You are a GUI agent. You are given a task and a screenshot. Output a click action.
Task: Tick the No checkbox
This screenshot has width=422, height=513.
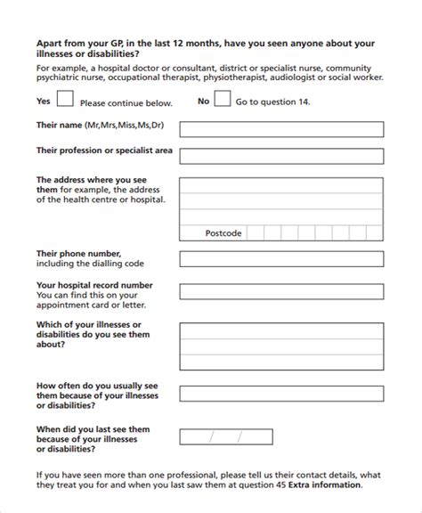click(223, 101)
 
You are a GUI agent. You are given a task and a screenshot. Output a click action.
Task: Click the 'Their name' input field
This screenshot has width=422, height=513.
click(282, 126)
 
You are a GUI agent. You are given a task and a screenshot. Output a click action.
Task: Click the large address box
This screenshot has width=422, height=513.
click(282, 199)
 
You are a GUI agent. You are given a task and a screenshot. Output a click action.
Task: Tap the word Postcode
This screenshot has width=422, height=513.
click(223, 233)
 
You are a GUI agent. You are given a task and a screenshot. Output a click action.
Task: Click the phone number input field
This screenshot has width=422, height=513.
click(282, 259)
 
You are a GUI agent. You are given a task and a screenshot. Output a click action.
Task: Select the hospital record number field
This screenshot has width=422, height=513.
click(282, 290)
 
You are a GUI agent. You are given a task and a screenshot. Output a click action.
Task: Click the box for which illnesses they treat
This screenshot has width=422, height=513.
click(282, 342)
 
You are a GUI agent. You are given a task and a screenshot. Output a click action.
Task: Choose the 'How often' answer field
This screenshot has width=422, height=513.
click(282, 395)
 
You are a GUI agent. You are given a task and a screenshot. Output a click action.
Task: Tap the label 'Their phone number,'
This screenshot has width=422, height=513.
click(79, 254)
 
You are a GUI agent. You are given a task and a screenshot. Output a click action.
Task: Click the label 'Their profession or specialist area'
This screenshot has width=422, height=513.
click(104, 151)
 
